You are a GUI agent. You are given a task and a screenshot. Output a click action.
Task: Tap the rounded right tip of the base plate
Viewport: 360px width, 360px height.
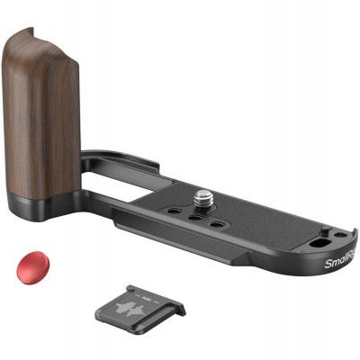(352, 243)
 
